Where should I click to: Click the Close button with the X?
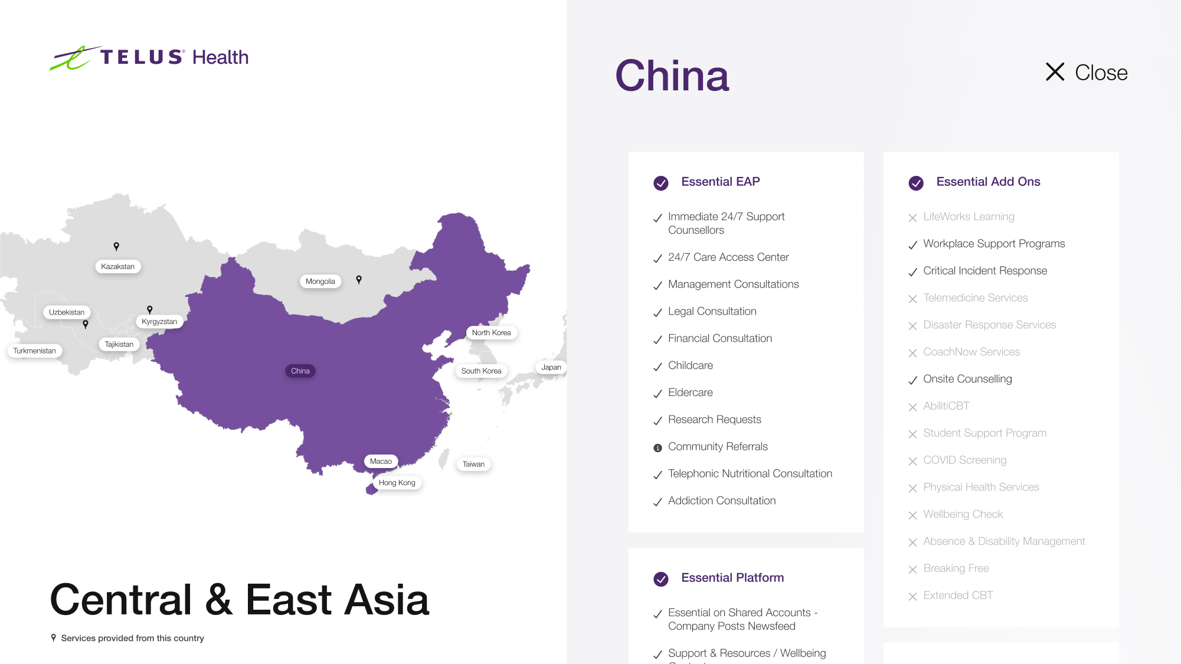[x=1086, y=73]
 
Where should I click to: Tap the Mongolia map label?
[x=320, y=282]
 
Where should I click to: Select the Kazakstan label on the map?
[x=118, y=267]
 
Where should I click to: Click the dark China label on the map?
[x=300, y=371]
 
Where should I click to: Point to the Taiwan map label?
[x=473, y=465]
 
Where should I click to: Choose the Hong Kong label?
[x=397, y=483]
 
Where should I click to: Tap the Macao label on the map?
[x=381, y=462]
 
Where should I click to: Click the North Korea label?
[x=491, y=333]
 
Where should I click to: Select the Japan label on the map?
[x=551, y=367]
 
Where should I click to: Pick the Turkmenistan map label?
[x=35, y=351]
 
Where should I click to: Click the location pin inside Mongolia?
[x=359, y=280]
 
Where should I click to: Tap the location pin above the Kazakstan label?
[x=116, y=246]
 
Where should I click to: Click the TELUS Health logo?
[x=149, y=58]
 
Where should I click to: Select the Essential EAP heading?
[x=720, y=182]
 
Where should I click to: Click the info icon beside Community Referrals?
[x=657, y=448]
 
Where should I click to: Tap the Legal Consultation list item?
[x=712, y=312]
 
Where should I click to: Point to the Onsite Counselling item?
[x=967, y=379]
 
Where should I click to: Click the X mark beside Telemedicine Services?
[x=912, y=299]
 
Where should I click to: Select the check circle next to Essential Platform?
[x=661, y=579]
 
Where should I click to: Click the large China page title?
[x=672, y=76]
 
